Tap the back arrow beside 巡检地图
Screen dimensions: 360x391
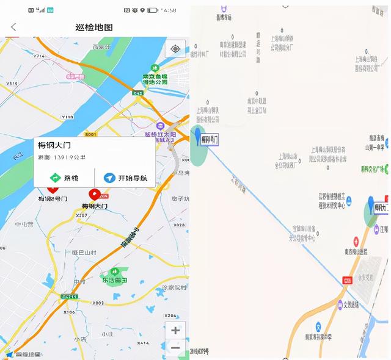(14, 27)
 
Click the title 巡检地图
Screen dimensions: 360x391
(93, 27)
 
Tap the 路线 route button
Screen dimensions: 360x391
(64, 178)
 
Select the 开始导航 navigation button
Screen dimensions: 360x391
(125, 178)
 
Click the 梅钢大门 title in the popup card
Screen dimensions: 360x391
(54, 145)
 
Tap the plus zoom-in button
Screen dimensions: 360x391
(175, 330)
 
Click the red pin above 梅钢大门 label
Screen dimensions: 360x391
(95, 194)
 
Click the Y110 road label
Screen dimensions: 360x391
(68, 116)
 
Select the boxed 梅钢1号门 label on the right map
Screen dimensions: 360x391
(210, 140)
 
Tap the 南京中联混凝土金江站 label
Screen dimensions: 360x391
(257, 106)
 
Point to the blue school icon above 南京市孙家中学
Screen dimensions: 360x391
(318, 327)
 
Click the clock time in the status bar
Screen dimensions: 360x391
(170, 10)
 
